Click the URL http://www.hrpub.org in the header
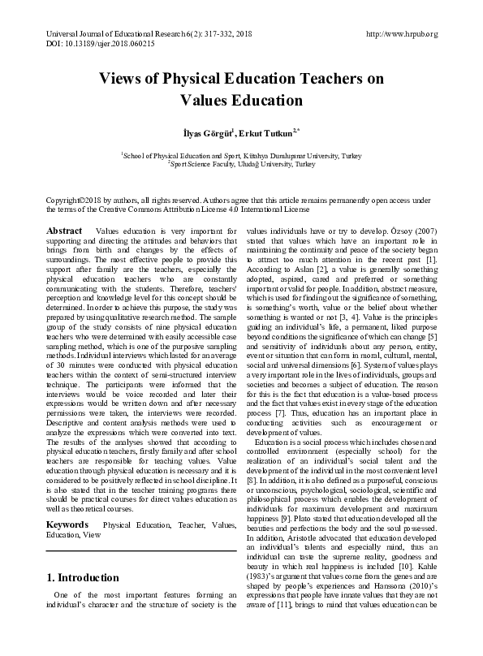(x=402, y=34)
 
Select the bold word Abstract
(x=64, y=231)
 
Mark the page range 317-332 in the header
(x=198, y=34)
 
